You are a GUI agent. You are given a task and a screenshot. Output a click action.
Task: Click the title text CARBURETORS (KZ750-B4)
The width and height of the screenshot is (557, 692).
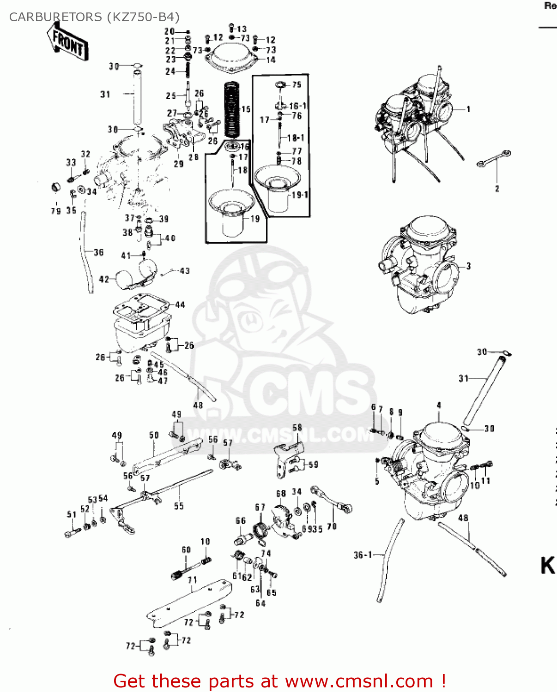pos(94,17)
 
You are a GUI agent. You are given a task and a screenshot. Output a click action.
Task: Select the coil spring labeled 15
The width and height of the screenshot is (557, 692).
pos(232,110)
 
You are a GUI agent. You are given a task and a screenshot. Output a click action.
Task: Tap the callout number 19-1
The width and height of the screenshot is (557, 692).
pos(300,195)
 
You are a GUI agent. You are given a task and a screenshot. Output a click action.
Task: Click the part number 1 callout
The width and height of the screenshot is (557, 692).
pos(468,109)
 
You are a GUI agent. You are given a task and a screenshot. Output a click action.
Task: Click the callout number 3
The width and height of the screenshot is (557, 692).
pos(468,266)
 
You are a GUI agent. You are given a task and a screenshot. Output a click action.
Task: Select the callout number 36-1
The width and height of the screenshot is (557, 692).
pos(363,555)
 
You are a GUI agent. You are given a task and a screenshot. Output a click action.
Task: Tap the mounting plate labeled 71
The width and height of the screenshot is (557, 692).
pos(189,602)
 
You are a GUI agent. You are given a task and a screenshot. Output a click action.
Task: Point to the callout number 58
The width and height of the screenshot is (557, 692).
pos(297,428)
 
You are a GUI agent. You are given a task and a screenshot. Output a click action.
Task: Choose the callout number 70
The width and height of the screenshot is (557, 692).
pos(332,526)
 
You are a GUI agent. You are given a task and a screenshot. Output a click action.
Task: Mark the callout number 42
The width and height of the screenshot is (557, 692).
pos(104,279)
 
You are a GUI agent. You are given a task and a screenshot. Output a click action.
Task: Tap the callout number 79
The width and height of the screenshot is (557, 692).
pos(55,211)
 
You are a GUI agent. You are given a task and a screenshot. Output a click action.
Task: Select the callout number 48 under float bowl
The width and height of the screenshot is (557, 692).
pos(198,405)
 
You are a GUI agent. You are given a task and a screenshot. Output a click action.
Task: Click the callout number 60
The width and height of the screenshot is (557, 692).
pos(186,549)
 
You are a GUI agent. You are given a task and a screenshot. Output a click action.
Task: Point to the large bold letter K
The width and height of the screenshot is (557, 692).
pos(547,566)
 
